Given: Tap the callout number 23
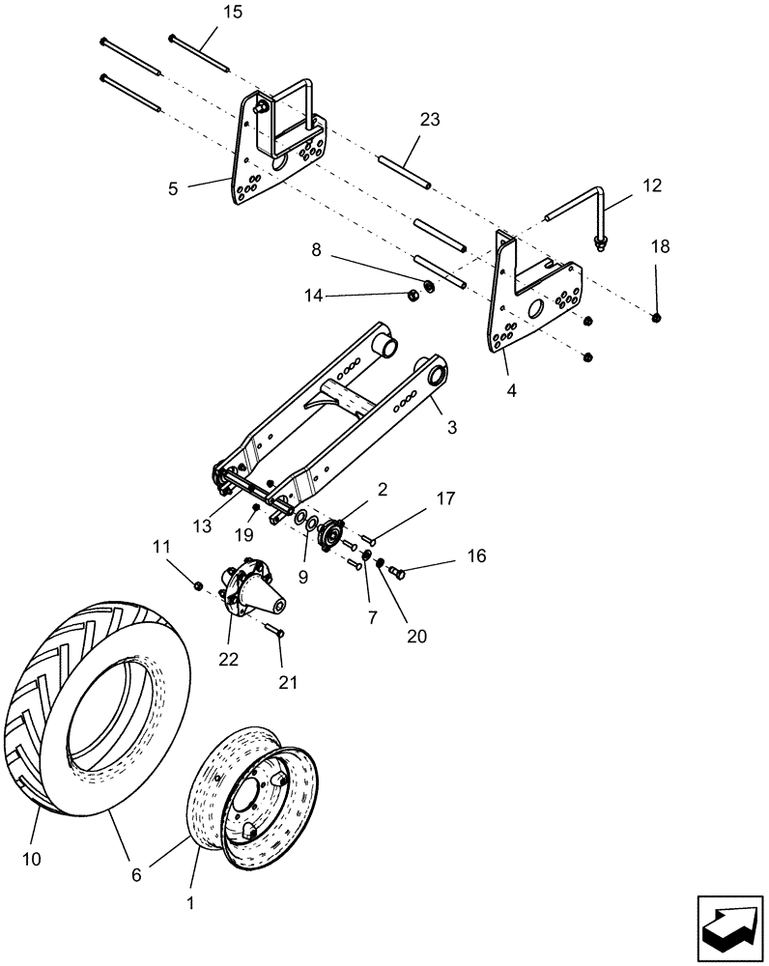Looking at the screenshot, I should (x=430, y=121).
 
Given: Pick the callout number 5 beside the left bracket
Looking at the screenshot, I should (x=173, y=189).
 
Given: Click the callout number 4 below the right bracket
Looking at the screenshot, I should (x=512, y=391).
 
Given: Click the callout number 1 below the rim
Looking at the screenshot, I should (x=189, y=904).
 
